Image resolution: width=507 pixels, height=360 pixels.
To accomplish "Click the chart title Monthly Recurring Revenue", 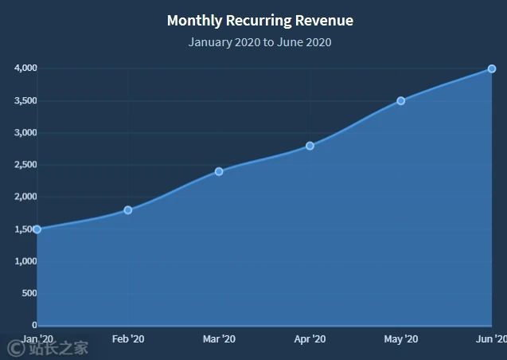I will [x=259, y=21].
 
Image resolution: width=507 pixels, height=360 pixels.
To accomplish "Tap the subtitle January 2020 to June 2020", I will [x=259, y=41].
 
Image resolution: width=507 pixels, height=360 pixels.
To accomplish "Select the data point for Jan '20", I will [x=37, y=229].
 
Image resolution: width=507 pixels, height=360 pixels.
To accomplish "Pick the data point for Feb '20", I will [x=127, y=210].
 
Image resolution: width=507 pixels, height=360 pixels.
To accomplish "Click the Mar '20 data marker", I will [x=219, y=171].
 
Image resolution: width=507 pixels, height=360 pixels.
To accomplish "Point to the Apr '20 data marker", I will [x=310, y=146].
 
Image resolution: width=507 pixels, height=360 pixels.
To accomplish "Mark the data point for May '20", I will [x=400, y=101].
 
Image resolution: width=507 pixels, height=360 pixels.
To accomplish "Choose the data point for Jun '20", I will [x=492, y=68].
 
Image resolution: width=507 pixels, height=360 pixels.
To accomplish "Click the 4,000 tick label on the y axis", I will [x=25, y=68].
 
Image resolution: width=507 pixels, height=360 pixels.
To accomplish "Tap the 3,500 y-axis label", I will [x=25, y=101].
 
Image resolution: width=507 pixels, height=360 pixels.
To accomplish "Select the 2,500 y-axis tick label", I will [x=25, y=165].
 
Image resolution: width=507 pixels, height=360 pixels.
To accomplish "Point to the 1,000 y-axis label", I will [x=25, y=261].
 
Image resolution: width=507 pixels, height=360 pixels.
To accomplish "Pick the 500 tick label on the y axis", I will [x=29, y=293].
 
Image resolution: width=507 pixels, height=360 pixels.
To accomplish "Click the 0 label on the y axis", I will [x=34, y=325].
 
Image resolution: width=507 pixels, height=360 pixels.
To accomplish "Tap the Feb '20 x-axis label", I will [x=128, y=339].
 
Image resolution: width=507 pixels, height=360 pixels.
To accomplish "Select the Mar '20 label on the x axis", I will [x=219, y=339].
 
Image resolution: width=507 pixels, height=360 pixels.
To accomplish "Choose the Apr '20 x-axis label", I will [x=310, y=339].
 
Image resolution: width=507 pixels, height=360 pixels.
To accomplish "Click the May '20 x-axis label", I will [x=400, y=339].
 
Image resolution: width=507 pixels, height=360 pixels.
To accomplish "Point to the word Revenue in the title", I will [x=322, y=21].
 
